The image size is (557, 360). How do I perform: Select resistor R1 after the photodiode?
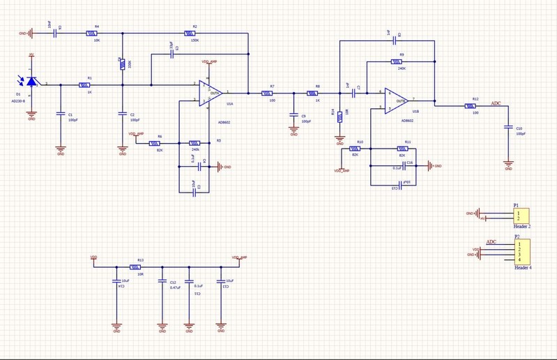click(x=84, y=85)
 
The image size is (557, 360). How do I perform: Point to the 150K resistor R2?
click(x=190, y=33)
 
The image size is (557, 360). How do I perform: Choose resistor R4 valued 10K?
click(x=91, y=33)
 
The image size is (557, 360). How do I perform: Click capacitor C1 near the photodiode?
click(x=61, y=113)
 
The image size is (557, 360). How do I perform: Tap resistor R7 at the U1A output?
click(x=267, y=93)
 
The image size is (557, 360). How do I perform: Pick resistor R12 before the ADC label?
click(x=471, y=106)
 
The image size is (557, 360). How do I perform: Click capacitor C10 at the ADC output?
click(x=508, y=128)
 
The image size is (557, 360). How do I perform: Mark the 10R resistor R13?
click(x=137, y=267)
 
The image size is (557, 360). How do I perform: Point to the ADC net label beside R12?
click(x=496, y=103)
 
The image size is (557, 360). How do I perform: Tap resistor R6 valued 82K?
click(x=159, y=143)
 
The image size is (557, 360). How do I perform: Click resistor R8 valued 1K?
click(x=313, y=93)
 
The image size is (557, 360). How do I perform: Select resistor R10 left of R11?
click(x=355, y=148)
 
